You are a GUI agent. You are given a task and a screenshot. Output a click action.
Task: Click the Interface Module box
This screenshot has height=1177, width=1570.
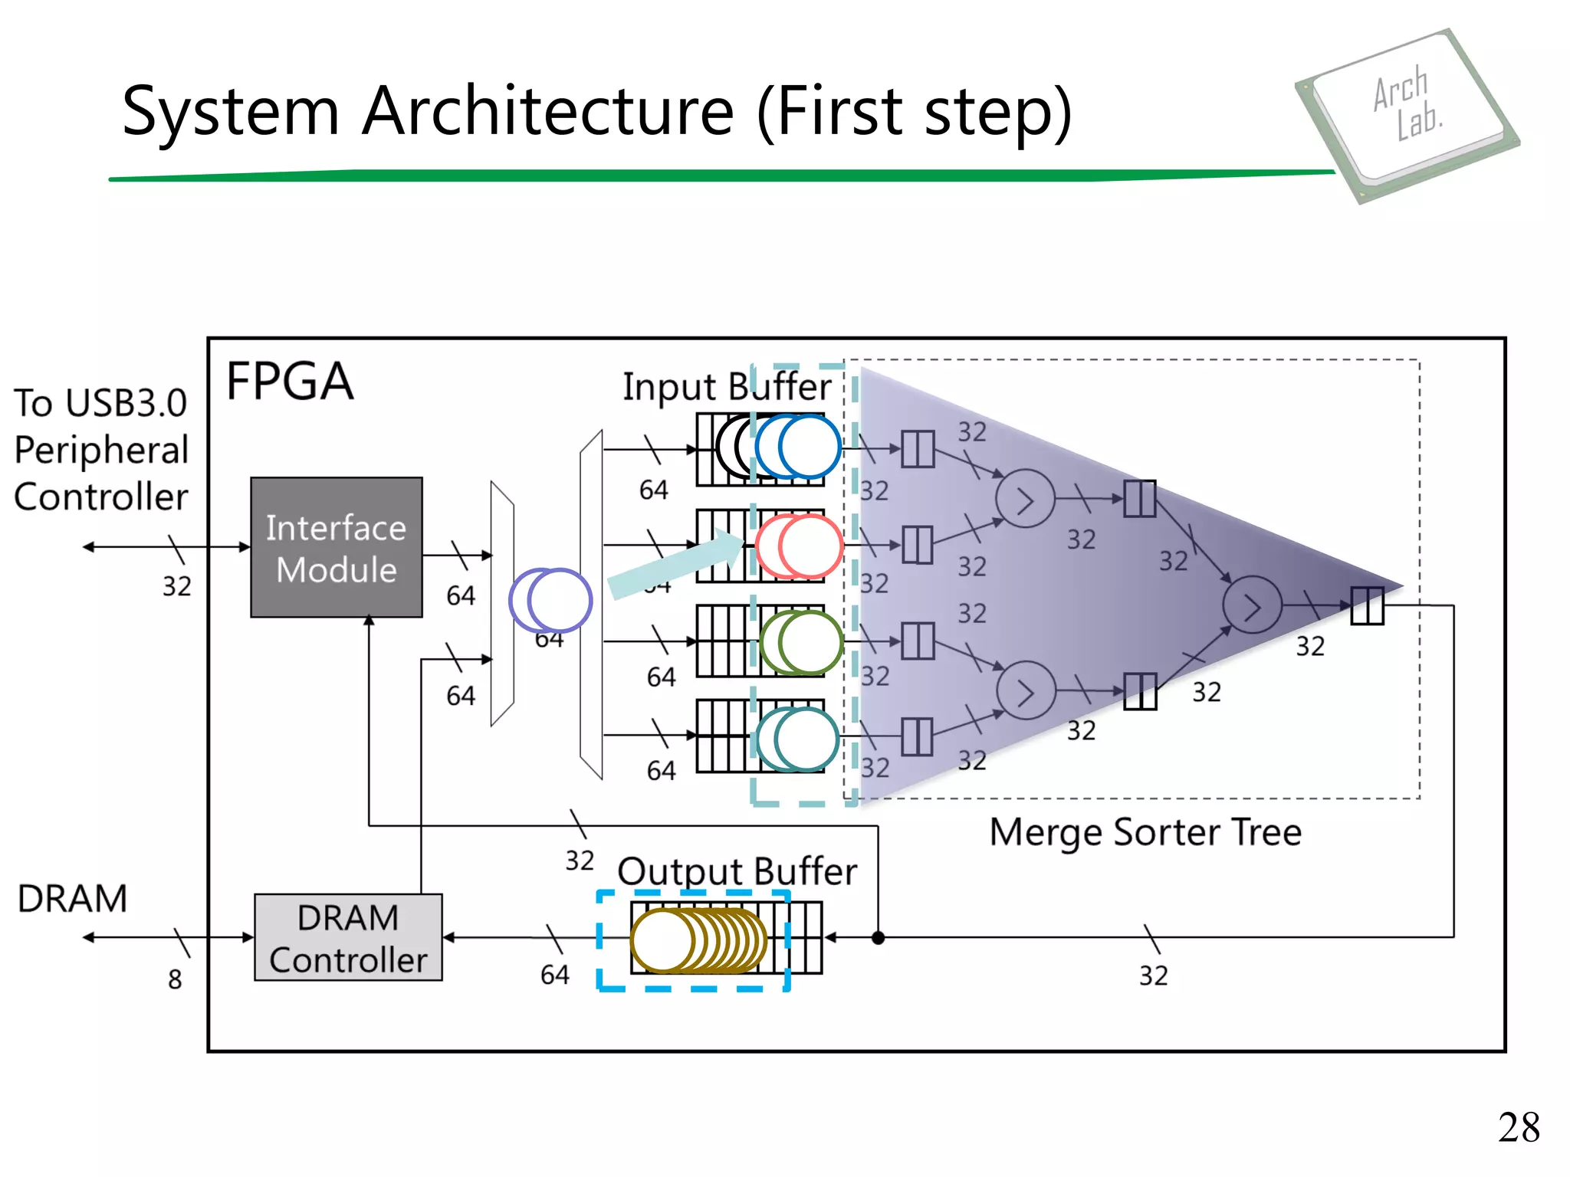(x=336, y=547)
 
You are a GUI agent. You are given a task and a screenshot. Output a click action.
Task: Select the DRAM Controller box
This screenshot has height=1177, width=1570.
(x=348, y=937)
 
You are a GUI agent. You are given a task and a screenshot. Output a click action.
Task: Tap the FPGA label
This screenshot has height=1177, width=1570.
(x=290, y=382)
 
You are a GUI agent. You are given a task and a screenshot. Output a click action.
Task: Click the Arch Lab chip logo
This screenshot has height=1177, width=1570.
(x=1407, y=115)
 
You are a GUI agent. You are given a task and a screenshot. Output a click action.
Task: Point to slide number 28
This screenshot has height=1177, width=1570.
(x=1518, y=1127)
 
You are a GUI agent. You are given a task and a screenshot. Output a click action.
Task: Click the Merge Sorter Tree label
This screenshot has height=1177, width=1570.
(x=1145, y=832)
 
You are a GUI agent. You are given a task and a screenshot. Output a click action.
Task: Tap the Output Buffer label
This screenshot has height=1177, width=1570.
(x=737, y=871)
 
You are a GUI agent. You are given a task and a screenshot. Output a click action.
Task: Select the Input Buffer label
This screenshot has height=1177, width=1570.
(x=726, y=386)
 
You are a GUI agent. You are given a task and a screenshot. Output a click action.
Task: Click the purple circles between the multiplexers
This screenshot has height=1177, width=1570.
(x=550, y=600)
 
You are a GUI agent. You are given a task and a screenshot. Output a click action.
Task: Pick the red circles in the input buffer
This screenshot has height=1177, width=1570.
(x=799, y=546)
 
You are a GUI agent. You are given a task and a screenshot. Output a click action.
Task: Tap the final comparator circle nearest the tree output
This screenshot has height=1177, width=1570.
(x=1251, y=605)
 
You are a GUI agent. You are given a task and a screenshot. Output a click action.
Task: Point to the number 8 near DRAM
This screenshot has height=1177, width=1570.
(x=175, y=979)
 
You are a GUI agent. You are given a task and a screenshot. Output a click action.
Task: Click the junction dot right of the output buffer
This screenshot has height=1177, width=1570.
(x=879, y=937)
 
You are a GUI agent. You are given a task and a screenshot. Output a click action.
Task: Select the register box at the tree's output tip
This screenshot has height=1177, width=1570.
(x=1367, y=605)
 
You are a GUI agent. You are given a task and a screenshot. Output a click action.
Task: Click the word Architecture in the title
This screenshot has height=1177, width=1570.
(x=548, y=112)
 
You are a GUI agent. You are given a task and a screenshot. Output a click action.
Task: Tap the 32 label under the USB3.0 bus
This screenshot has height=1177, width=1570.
(x=176, y=586)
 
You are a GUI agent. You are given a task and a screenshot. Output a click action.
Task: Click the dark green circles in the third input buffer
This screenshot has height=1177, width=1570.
(x=801, y=642)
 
